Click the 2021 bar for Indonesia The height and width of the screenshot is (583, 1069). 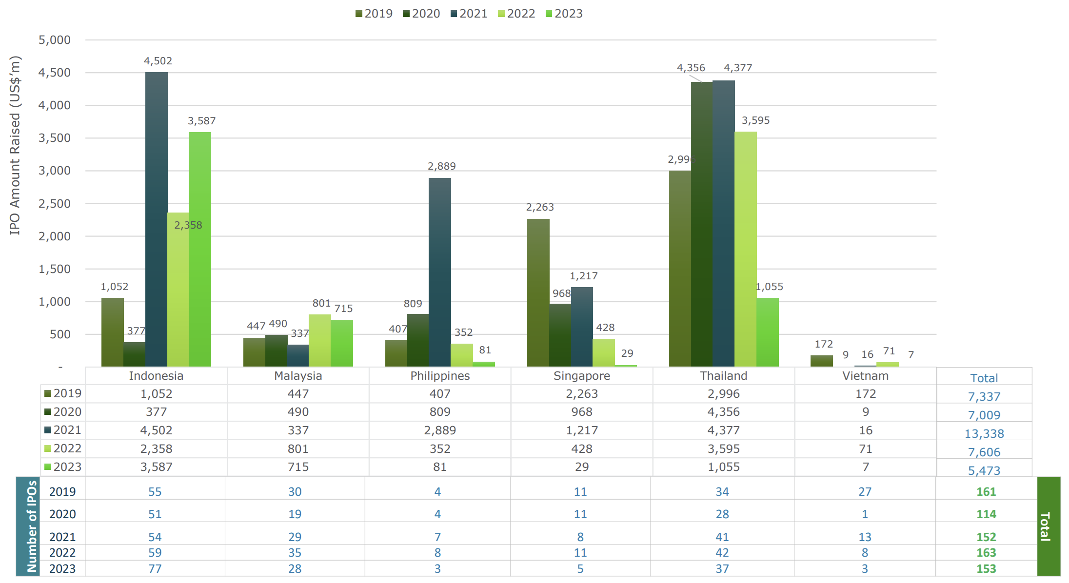(x=156, y=219)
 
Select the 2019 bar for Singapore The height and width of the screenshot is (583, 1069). (x=538, y=292)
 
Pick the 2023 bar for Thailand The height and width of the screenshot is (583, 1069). (x=767, y=332)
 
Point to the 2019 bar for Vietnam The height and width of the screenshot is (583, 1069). (x=821, y=361)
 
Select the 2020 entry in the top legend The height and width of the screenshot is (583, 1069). (x=421, y=14)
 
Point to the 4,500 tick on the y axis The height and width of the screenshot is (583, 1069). (x=55, y=73)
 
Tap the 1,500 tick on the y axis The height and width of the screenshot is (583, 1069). (x=55, y=269)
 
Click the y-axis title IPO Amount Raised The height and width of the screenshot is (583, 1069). (x=15, y=145)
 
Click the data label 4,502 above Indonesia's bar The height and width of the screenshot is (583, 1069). (x=158, y=61)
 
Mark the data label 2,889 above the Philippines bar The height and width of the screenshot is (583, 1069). (x=441, y=166)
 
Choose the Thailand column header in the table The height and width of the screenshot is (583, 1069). (x=723, y=376)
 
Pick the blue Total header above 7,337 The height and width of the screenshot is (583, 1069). (x=984, y=378)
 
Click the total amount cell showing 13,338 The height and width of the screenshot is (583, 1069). (x=984, y=433)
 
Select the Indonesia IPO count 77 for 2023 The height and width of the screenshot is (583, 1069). (x=155, y=568)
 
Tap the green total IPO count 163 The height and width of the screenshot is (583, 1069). (x=986, y=552)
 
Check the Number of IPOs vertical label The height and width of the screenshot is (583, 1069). (x=32, y=526)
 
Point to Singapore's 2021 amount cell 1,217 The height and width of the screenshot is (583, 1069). (x=581, y=430)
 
